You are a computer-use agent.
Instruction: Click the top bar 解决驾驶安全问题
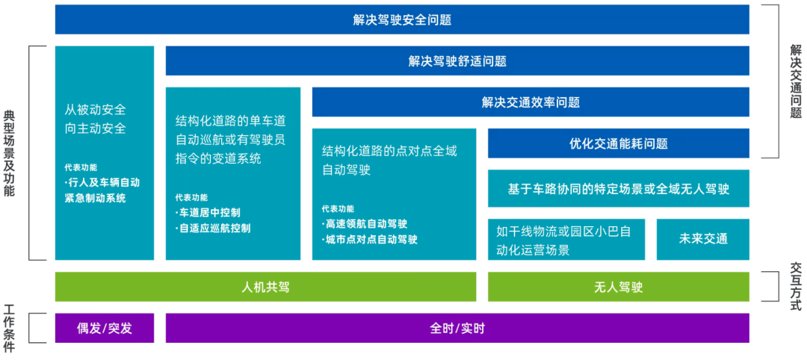click(x=402, y=20)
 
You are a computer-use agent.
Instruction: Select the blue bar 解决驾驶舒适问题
click(x=457, y=61)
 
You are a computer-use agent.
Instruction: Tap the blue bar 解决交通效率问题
click(x=531, y=102)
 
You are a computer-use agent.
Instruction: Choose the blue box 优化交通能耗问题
click(x=618, y=143)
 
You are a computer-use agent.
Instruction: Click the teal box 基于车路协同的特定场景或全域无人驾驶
click(x=618, y=189)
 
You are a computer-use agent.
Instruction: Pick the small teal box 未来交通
click(x=702, y=240)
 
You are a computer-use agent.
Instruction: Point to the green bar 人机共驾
click(x=265, y=287)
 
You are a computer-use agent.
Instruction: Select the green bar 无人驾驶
click(x=618, y=287)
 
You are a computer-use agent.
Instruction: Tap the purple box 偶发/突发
click(x=105, y=328)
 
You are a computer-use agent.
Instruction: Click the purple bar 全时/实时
click(x=457, y=328)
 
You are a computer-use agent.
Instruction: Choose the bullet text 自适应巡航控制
click(x=214, y=228)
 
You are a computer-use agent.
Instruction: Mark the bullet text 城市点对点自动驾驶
click(x=371, y=240)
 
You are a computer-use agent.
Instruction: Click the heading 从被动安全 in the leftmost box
click(x=95, y=110)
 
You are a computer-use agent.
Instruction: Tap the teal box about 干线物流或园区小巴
click(x=566, y=240)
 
